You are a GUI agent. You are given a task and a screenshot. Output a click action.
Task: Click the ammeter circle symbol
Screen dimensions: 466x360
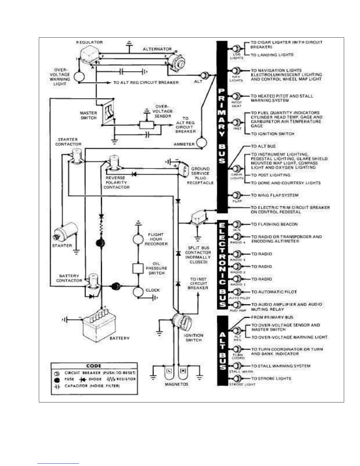202,143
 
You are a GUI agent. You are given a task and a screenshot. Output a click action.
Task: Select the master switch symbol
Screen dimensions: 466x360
109,112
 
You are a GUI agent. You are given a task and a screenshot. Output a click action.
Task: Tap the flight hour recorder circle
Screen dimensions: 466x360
138,239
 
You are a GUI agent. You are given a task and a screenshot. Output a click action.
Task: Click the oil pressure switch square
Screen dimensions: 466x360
138,268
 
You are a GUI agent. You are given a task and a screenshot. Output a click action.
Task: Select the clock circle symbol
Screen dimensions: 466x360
138,292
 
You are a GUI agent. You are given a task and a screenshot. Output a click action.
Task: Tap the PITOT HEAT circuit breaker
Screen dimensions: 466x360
236,96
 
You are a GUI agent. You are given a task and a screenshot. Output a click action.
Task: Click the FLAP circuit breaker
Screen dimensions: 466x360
236,195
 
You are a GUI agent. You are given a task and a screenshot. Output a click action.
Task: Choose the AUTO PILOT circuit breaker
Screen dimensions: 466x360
237,292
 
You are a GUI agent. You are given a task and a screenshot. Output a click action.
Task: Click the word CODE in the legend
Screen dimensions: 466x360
94,366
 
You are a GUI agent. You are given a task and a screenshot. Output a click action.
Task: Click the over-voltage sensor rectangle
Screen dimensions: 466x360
147,125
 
